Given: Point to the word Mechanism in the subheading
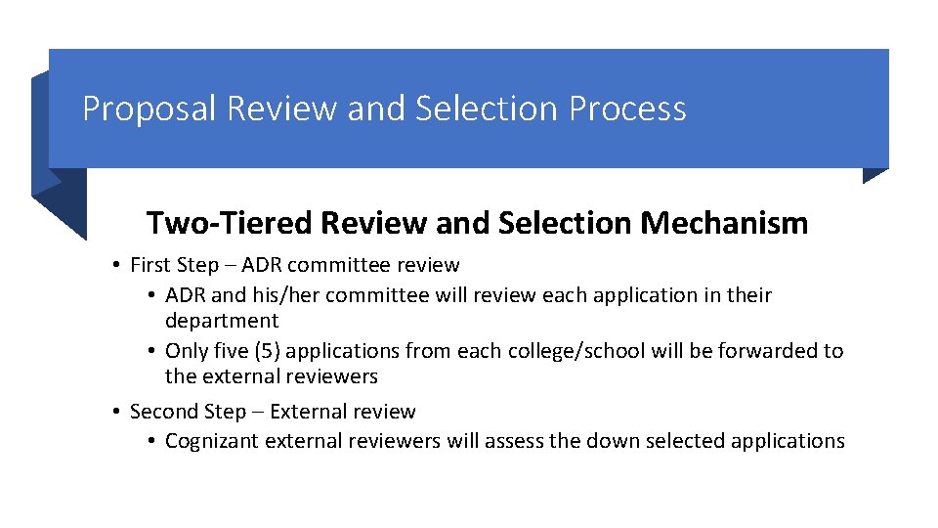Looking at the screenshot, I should pos(724,224).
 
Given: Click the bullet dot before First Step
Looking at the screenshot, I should pos(115,265).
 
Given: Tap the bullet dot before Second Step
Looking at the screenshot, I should pos(115,413).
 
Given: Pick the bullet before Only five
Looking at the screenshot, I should pos(151,351).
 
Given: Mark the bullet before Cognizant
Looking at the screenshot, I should pos(151,442).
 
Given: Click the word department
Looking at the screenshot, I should pos(222,322).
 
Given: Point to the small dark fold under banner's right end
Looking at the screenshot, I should pos(874,175).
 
